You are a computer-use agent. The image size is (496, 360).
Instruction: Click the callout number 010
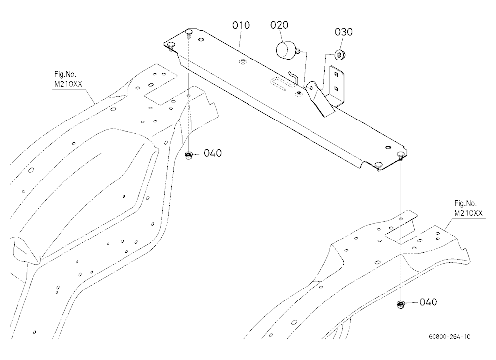tap(241, 25)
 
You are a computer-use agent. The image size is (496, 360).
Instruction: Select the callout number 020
tap(279, 25)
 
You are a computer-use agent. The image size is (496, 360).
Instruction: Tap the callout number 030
tap(344, 32)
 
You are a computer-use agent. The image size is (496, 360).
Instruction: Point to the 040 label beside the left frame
tap(213, 153)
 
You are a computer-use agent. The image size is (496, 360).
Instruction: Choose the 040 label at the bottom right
tap(428, 302)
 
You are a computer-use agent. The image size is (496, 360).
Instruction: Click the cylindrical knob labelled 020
tap(286, 49)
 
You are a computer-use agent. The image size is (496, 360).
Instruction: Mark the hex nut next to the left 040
tap(189, 155)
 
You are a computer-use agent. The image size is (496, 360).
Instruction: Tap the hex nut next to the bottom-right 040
tap(401, 305)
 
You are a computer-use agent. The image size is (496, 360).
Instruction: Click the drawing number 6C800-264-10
tap(449, 336)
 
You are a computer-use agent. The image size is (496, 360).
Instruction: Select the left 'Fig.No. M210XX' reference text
tap(68, 79)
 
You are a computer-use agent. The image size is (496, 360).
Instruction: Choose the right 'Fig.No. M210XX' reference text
tap(468, 208)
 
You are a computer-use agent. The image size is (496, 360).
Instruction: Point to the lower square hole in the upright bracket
tap(336, 88)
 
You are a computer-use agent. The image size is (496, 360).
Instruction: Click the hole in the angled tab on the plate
tap(311, 88)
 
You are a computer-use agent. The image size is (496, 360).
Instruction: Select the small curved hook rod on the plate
tap(293, 78)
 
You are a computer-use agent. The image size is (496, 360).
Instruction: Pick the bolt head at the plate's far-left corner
tap(170, 44)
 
